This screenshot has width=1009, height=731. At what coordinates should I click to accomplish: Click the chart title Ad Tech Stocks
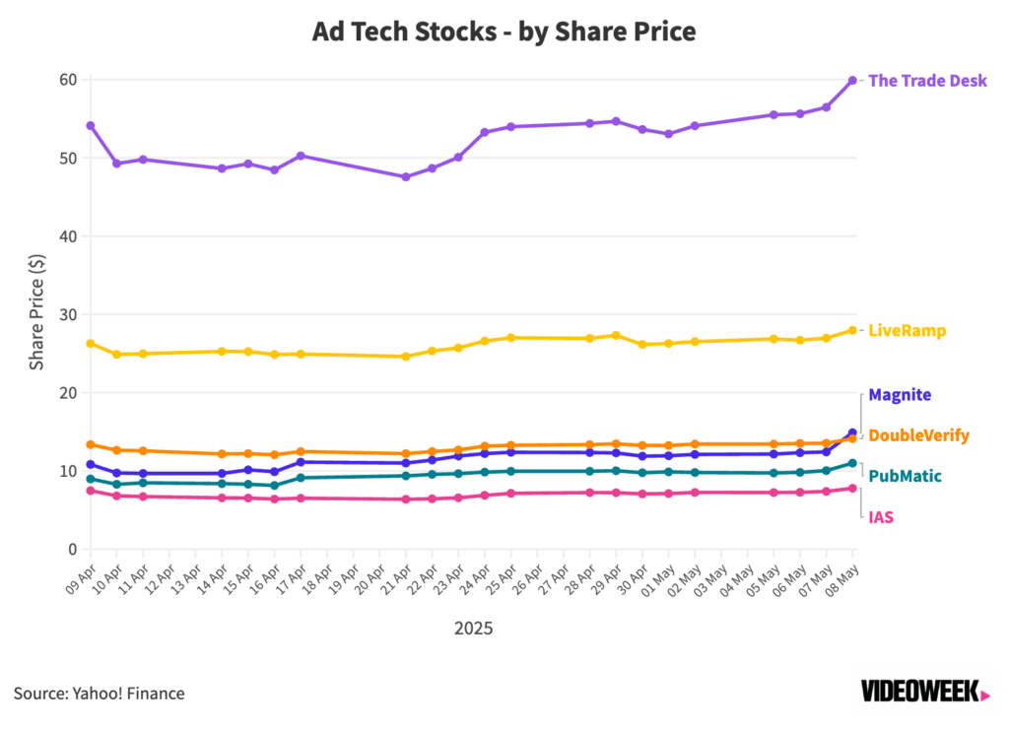504,32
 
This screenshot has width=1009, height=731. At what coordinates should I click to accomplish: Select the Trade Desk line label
926,81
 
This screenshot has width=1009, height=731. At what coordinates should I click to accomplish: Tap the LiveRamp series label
907,331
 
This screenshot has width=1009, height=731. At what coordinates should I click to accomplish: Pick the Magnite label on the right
900,395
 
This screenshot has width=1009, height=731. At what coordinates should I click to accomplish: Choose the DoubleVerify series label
918,435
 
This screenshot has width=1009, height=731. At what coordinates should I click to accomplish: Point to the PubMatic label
905,477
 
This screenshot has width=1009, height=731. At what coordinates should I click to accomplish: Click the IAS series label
881,517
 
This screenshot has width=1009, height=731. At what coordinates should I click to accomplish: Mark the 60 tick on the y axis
67,80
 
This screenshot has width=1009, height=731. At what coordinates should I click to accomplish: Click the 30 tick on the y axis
67,314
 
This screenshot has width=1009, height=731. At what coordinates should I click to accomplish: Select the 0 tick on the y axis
72,550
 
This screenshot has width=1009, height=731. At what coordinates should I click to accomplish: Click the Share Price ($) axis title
37,312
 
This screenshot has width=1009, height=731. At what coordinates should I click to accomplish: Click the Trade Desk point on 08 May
852,81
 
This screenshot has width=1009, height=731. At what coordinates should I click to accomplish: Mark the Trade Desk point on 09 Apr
91,126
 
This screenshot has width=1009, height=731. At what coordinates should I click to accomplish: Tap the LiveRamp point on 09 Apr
91,344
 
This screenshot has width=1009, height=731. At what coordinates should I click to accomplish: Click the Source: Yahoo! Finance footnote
100,694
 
